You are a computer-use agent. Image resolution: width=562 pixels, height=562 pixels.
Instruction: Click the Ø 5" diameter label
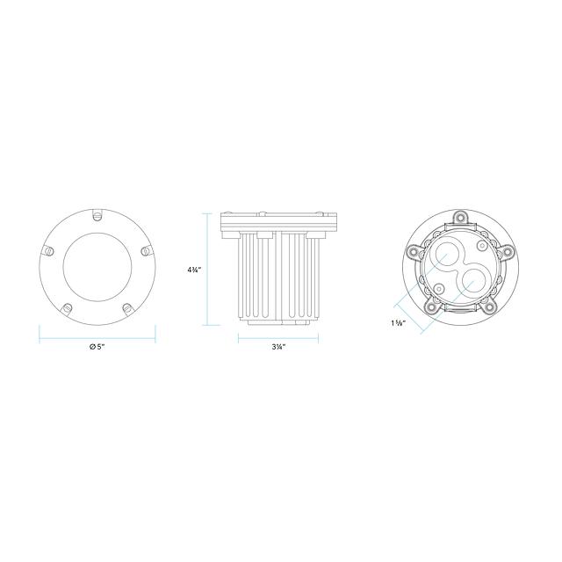pos(97,347)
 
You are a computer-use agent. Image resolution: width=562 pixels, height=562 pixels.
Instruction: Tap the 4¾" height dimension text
pos(194,270)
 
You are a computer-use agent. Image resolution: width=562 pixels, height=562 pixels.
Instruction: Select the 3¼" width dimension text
pos(278,347)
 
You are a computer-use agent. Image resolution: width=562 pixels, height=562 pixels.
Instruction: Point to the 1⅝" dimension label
pos(398,322)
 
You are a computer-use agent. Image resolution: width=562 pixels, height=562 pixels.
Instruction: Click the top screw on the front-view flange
pos(97,216)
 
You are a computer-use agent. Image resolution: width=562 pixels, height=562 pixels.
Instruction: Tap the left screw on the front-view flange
pos(49,251)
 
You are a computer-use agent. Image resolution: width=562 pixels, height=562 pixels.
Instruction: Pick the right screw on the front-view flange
pos(145,251)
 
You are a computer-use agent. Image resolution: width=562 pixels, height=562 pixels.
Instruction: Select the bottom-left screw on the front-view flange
pos(67,308)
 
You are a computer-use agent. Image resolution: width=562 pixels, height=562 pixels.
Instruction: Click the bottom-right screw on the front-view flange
pos(127,308)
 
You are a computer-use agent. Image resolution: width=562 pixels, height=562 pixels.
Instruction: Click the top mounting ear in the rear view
pos(460,217)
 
